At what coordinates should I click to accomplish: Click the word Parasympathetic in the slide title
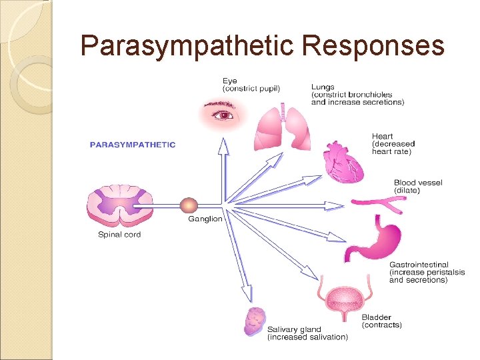[187, 46]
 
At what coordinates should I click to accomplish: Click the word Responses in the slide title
[373, 46]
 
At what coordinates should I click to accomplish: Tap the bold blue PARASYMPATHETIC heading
[133, 145]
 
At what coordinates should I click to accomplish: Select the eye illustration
[224, 115]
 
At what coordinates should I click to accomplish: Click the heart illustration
[343, 162]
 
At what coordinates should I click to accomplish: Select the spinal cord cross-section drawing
[119, 205]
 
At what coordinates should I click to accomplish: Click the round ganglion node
[189, 205]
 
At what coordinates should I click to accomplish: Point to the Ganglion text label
[205, 219]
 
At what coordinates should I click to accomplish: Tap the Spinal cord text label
[119, 235]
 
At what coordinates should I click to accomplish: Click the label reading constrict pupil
[251, 89]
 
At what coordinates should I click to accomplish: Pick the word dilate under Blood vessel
[407, 191]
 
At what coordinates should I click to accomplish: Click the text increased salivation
[307, 337]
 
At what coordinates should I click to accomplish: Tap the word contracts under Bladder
[382, 325]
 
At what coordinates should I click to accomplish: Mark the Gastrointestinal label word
[419, 265]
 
